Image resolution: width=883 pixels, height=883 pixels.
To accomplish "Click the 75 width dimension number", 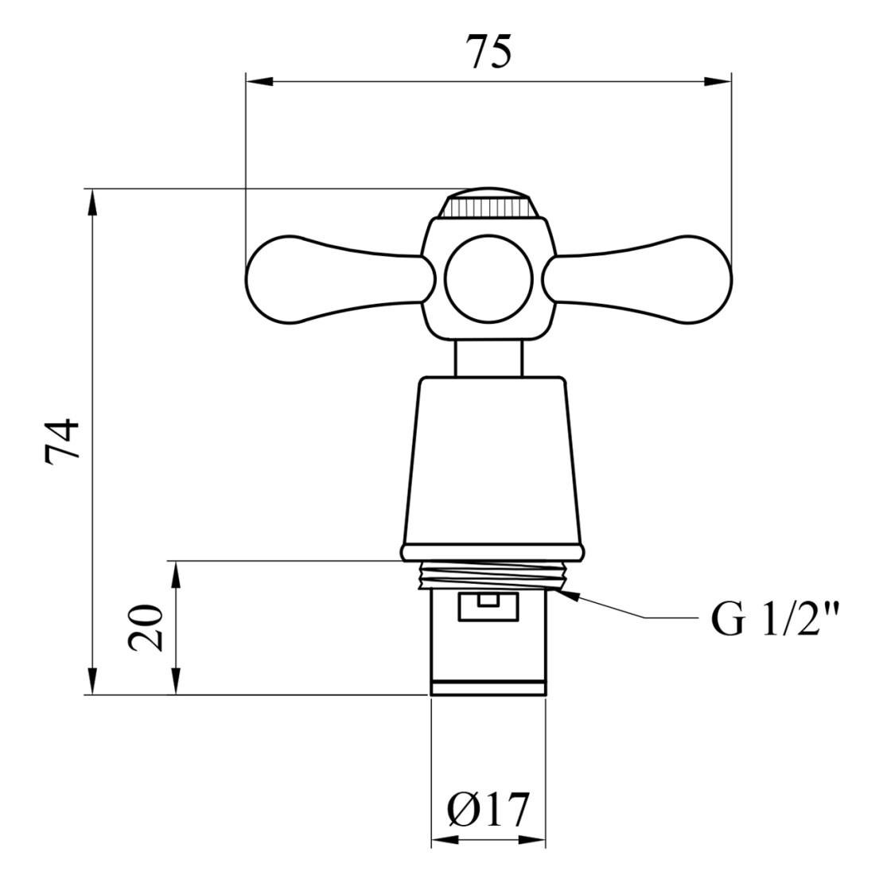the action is (x=491, y=51).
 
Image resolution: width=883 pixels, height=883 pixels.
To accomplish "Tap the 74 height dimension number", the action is (x=63, y=442).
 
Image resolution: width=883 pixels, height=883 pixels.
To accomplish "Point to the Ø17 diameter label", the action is (x=488, y=811).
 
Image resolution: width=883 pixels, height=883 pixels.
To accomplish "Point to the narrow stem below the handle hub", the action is (x=488, y=359).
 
